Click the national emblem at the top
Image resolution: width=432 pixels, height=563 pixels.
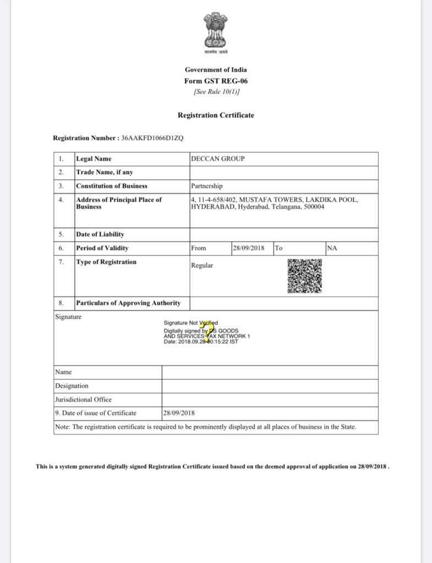tap(216, 30)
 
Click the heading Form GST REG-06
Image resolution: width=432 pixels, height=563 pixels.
tap(216, 81)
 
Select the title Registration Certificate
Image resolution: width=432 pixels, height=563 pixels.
tap(216, 115)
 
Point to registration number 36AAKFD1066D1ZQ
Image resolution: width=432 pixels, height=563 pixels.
tap(152, 139)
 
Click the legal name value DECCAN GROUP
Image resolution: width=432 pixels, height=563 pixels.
tap(217, 159)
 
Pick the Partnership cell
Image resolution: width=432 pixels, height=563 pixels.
tap(207, 186)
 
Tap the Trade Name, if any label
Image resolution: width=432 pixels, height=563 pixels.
tap(105, 172)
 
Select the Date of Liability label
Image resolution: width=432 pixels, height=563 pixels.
tap(100, 235)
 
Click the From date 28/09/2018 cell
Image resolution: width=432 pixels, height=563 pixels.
tap(249, 248)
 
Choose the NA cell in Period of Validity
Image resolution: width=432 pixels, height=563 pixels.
tap(332, 248)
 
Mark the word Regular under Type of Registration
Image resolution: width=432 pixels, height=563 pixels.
tap(202, 266)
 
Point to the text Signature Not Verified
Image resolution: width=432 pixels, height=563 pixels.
tap(191, 323)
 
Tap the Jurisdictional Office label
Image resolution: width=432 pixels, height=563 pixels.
tap(83, 400)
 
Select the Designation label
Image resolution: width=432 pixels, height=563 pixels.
tap(72, 386)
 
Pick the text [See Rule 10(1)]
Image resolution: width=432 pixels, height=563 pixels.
tap(216, 92)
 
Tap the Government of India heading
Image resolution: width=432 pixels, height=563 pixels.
tap(216, 70)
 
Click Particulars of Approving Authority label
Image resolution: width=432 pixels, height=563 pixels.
tap(128, 303)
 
